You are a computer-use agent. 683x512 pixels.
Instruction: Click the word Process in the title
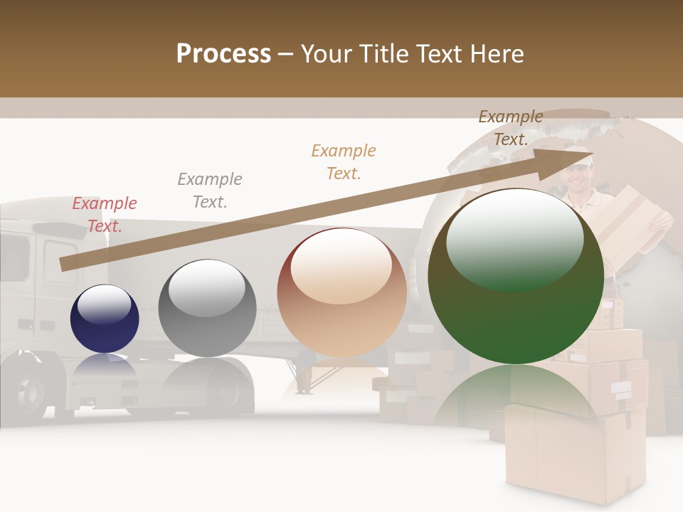223,54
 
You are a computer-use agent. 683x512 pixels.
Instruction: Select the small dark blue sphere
105,319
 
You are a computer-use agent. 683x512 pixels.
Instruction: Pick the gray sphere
206,308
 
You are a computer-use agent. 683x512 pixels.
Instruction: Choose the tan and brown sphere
341,292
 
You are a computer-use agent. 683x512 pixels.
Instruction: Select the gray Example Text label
210,190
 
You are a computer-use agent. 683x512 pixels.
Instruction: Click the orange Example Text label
344,161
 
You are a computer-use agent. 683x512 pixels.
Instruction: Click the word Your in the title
325,54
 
